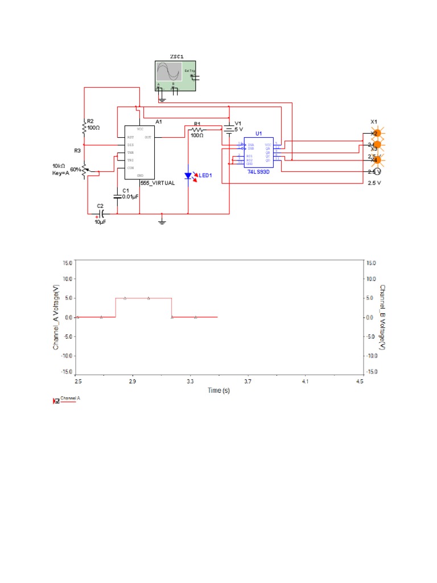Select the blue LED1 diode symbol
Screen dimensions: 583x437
click(x=189, y=175)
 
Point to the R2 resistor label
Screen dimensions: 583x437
click(x=90, y=121)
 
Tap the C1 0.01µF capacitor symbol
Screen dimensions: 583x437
click(x=118, y=196)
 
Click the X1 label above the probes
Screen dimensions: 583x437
click(x=374, y=121)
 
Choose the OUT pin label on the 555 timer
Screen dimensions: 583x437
click(x=148, y=137)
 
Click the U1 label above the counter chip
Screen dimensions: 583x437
click(x=258, y=133)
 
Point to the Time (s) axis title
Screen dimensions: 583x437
click(x=218, y=391)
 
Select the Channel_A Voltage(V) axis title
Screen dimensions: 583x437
click(x=56, y=317)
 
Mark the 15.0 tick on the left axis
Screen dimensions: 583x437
click(x=67, y=263)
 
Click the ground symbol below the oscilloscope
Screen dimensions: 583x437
click(x=162, y=100)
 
